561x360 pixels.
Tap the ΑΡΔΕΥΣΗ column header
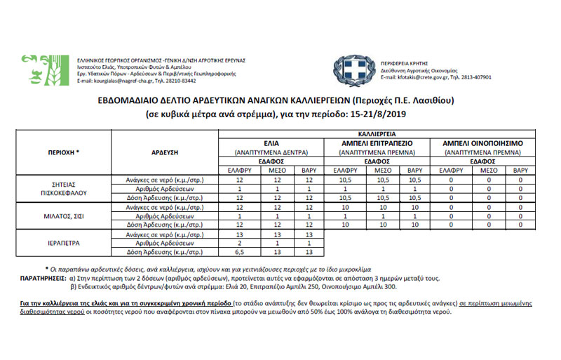166,152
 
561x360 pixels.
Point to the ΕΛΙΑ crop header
269,142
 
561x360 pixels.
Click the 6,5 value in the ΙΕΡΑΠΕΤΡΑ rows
239,251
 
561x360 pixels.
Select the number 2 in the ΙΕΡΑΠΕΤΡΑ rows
239,243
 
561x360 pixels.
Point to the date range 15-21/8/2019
384,112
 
